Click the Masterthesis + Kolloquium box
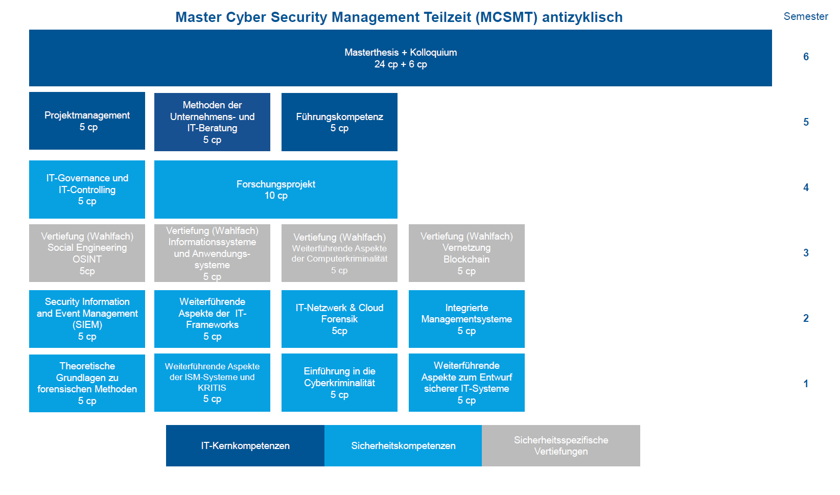(x=401, y=58)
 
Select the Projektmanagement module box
(x=87, y=121)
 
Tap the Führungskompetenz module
(x=339, y=122)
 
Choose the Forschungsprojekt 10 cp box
(x=275, y=190)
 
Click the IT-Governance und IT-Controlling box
(x=87, y=190)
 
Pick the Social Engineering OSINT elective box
(x=87, y=253)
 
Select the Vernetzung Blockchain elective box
(x=466, y=253)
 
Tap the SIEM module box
(x=87, y=319)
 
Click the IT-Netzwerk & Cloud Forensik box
(x=339, y=319)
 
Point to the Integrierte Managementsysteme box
(x=466, y=319)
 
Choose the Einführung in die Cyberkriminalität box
(x=339, y=383)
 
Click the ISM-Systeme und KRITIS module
(x=212, y=383)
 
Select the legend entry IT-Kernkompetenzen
(x=245, y=445)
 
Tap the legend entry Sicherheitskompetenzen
(x=403, y=445)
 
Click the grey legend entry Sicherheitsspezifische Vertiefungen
(x=561, y=445)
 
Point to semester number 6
(x=806, y=57)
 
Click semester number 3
(x=806, y=253)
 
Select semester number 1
(x=806, y=384)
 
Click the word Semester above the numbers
(x=806, y=16)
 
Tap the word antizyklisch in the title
(x=582, y=17)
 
